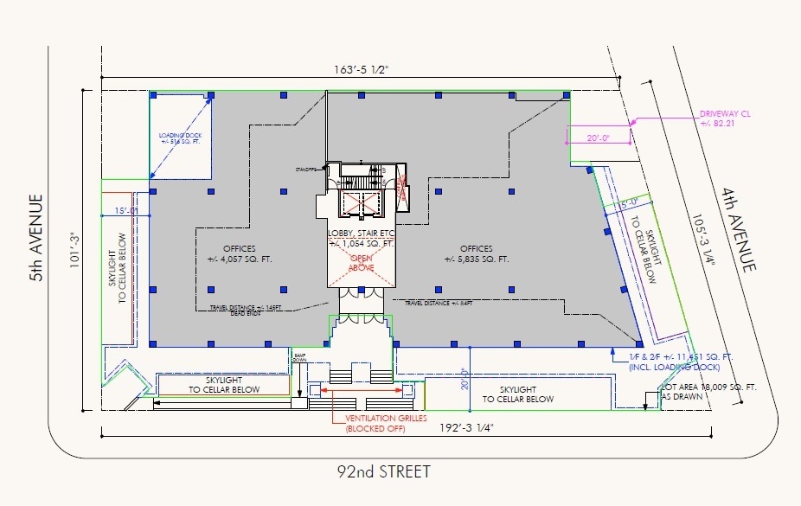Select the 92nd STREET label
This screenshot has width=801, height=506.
click(383, 472)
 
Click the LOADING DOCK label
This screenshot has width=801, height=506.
click(180, 140)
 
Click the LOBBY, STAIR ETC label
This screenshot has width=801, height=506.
click(361, 240)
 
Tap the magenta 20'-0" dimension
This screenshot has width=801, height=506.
click(598, 138)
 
